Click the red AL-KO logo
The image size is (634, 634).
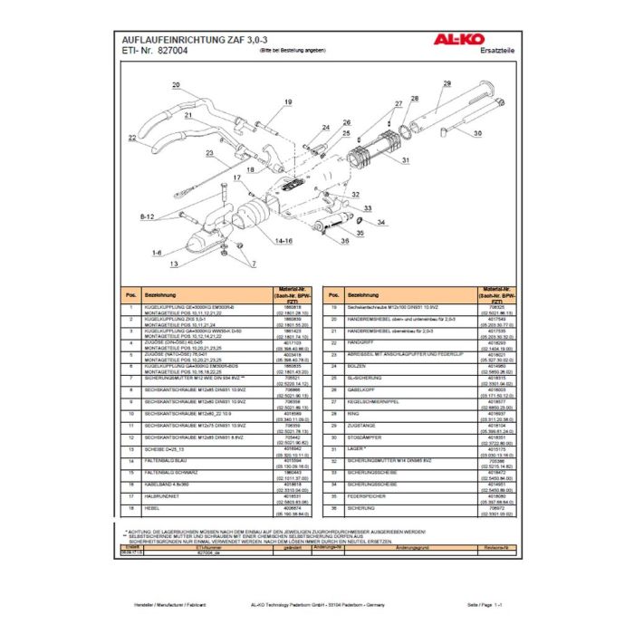tap(478, 41)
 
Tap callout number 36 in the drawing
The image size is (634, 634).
tap(346, 242)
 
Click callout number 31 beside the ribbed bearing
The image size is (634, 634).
tap(405, 161)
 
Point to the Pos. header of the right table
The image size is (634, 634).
tap(334, 297)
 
